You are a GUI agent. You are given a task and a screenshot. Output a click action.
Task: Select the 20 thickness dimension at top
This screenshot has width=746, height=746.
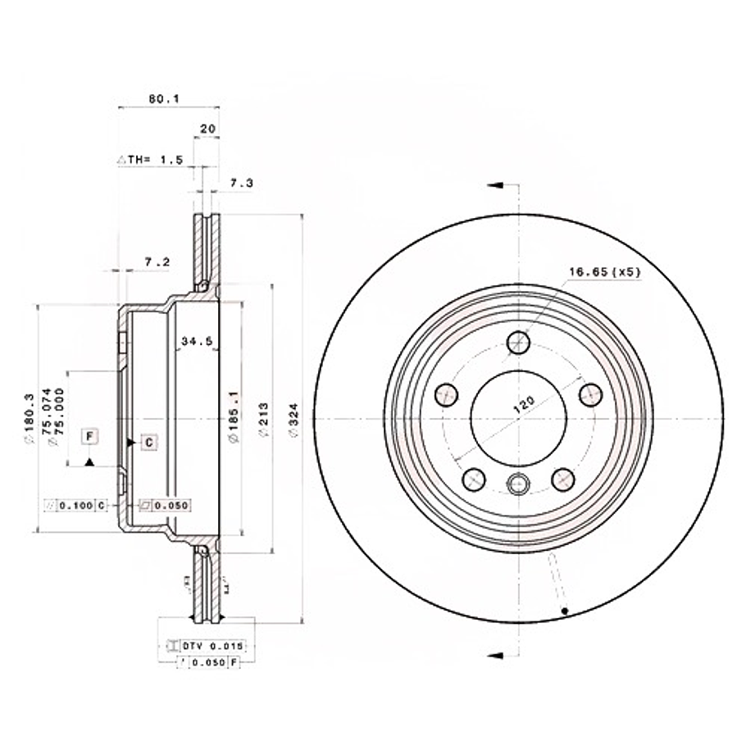208,129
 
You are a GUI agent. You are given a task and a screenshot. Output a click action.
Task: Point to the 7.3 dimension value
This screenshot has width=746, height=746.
241,184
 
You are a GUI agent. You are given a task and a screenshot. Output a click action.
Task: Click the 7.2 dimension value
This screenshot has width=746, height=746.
157,262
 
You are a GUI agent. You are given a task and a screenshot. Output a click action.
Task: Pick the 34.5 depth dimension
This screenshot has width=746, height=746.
197,340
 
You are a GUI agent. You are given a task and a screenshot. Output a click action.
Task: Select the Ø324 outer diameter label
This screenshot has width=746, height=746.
292,420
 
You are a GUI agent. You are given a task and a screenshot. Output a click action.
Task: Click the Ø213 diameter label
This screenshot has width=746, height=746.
263,420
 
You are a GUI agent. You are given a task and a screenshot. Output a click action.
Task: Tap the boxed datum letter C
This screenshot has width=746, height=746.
148,443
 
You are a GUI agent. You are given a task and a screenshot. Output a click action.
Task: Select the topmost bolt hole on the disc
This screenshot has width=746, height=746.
518,342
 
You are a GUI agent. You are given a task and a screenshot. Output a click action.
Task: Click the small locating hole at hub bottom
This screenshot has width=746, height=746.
518,484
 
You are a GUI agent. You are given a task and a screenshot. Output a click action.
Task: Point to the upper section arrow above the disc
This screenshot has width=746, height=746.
494,186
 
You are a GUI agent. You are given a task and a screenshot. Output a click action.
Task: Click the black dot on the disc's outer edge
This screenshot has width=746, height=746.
566,612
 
